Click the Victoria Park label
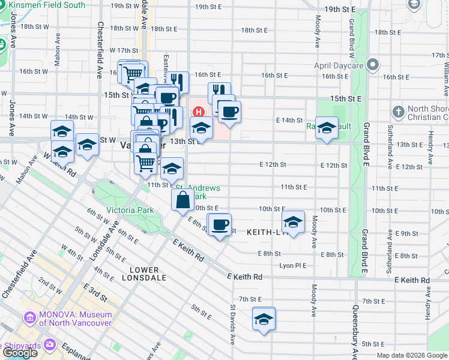pyautogui.click(x=130, y=210)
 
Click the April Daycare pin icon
pyautogui.click(x=373, y=64)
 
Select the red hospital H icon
pyautogui.click(x=197, y=112)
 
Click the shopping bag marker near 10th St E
pyautogui.click(x=182, y=200)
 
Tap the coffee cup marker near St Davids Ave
pyautogui.click(x=220, y=224)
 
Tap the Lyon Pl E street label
pyautogui.click(x=293, y=265)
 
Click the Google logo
pyautogui.click(x=20, y=353)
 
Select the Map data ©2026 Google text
pyautogui.click(x=412, y=355)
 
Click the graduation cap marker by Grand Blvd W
pyautogui.click(x=327, y=128)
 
